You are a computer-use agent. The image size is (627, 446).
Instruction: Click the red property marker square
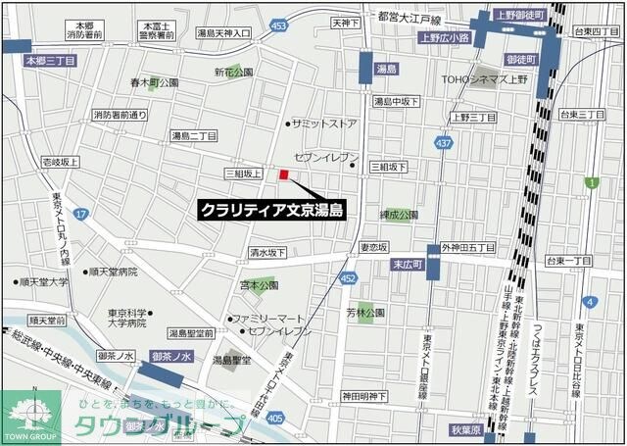(284, 175)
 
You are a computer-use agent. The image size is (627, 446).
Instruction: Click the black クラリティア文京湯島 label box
(272, 209)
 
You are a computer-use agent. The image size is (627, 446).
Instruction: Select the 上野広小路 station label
(444, 39)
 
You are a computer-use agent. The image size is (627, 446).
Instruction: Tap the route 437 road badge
(445, 143)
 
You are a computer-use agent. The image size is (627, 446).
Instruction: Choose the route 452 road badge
(348, 278)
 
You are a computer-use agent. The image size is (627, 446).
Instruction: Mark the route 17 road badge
(81, 213)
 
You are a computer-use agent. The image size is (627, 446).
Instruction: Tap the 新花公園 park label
(234, 72)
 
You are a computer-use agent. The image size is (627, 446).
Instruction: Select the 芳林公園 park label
(364, 312)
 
